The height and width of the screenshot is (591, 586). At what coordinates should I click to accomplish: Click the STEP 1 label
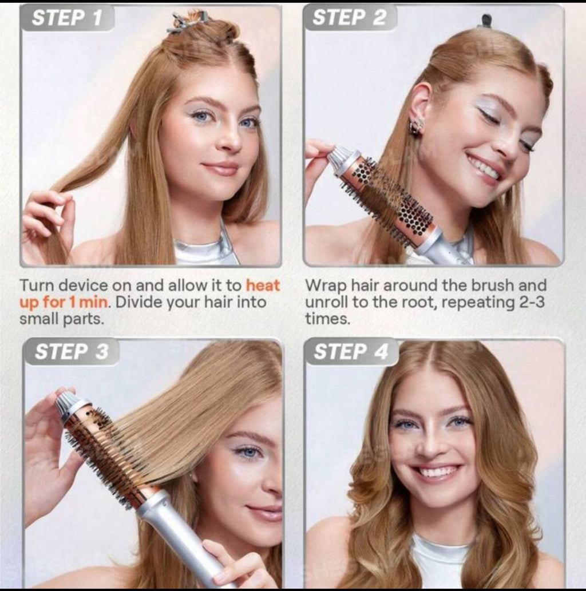click(x=66, y=18)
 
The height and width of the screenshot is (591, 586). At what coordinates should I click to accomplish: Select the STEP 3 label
click(x=71, y=352)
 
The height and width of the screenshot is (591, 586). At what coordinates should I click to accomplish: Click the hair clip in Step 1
click(x=186, y=23)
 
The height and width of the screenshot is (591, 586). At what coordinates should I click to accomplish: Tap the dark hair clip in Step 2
click(x=486, y=21)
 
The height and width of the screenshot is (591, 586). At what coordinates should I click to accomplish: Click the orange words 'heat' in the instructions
click(x=263, y=285)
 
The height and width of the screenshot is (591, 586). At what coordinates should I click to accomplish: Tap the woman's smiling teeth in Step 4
click(x=435, y=473)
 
